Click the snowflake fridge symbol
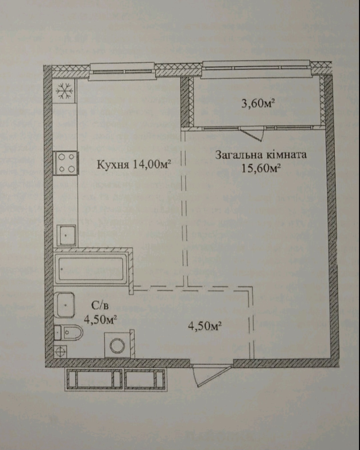[x=64, y=91]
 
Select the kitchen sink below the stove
[x=66, y=235]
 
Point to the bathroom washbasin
[x=65, y=305]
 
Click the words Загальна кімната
[x=260, y=155]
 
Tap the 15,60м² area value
[x=261, y=168]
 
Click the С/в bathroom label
[x=100, y=305]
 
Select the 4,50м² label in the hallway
[x=205, y=325]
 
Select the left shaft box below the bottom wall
[x=94, y=379]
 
